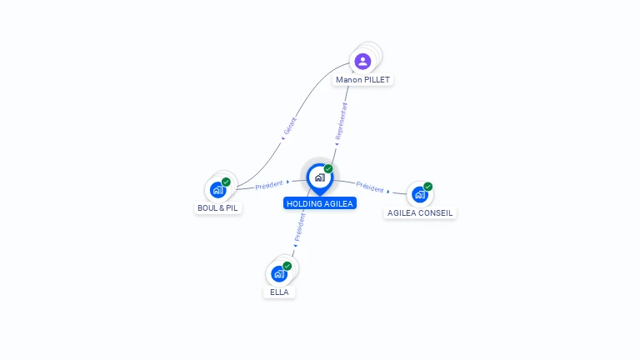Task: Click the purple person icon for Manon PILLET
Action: [362, 61]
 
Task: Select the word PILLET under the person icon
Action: [376, 80]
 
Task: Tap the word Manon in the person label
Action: [349, 80]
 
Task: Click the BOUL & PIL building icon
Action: [218, 190]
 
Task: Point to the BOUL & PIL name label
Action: [218, 208]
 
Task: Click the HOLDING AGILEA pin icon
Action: [319, 177]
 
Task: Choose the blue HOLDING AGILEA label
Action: [320, 203]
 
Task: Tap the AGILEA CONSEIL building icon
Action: [419, 194]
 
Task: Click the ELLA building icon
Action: [278, 273]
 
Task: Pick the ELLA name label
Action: [279, 292]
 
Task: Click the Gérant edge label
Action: [290, 126]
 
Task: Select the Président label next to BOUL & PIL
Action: [269, 185]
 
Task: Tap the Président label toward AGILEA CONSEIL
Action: [370, 187]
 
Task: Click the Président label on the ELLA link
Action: [300, 227]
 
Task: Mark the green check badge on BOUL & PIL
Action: [226, 182]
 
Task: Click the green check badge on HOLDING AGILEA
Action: [328, 169]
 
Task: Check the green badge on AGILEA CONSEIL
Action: [427, 187]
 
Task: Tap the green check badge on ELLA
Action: [287, 266]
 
